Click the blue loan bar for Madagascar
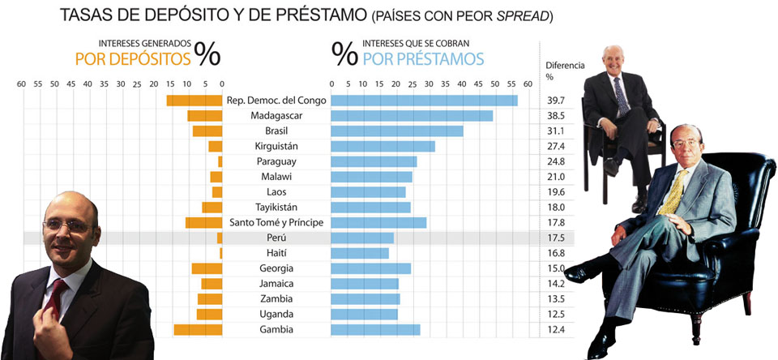click(x=412, y=116)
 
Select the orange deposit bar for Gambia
click(x=198, y=329)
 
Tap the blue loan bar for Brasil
click(x=397, y=131)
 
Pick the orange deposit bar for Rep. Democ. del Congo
click(x=194, y=101)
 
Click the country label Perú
click(x=276, y=238)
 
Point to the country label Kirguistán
click(x=276, y=146)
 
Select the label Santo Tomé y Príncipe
click(x=276, y=223)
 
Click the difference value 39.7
click(x=555, y=101)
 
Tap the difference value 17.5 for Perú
click(x=555, y=238)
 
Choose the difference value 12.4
click(x=555, y=329)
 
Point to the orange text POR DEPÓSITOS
click(x=133, y=58)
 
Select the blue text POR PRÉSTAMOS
click(x=423, y=58)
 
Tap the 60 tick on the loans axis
click(x=527, y=84)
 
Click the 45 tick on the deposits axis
click(x=71, y=84)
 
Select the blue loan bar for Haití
click(x=360, y=254)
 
